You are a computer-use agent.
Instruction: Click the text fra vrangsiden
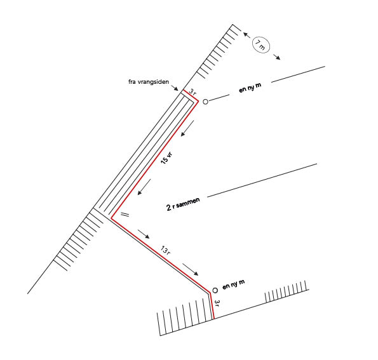coord(149,82)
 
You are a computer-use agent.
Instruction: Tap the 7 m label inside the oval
coord(260,45)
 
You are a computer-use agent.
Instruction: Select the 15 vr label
coord(166,158)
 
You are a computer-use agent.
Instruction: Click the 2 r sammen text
coord(183,204)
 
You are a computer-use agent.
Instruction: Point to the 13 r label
coord(165,250)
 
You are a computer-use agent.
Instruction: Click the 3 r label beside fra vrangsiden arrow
coord(192,92)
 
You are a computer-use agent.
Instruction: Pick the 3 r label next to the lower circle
coord(217,303)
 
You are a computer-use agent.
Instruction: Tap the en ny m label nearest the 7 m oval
coord(250,88)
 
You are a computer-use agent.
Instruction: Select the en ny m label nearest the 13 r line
coord(233,284)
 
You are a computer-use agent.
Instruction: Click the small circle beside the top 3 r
coord(205,102)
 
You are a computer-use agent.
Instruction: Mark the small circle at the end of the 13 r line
coord(215,290)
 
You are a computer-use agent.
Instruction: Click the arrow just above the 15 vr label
coord(187,128)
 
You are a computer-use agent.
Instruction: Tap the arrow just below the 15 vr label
coord(144,187)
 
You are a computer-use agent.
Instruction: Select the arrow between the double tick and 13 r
coord(144,234)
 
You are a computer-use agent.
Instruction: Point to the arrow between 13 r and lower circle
coord(191,269)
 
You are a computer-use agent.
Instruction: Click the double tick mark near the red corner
coord(125,215)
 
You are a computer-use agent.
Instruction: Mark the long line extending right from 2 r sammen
coord(262,180)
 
